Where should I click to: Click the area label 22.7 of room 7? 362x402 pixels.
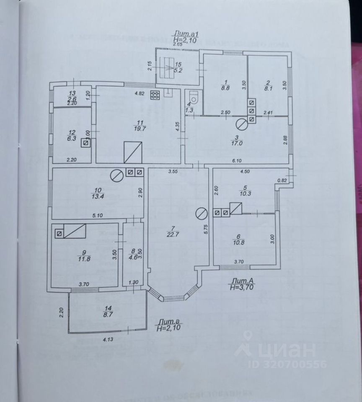coord(170,234)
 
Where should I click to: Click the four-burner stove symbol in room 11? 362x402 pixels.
coord(155,95)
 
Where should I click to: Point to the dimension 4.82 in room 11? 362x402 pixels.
coord(140,93)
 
